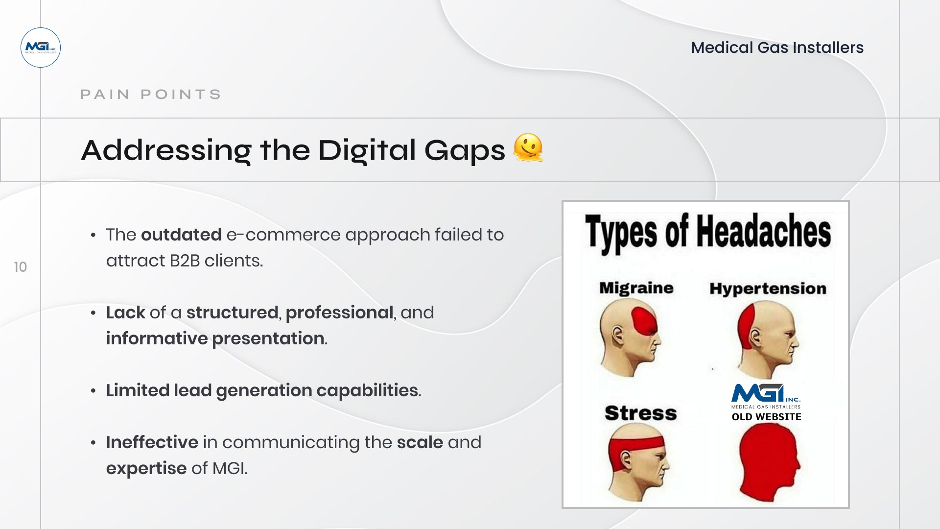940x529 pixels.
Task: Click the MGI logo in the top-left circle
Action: coord(41,48)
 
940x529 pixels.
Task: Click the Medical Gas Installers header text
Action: coord(777,48)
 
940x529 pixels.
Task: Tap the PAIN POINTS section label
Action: coord(151,94)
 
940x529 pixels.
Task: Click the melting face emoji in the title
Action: coord(528,147)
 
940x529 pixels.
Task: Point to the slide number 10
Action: coord(20,267)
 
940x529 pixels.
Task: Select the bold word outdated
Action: coord(181,235)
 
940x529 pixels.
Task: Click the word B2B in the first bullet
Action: coord(185,261)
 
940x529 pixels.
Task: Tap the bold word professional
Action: coord(339,313)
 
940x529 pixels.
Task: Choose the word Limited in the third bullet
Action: coord(138,390)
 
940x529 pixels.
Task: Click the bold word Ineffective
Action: coord(152,442)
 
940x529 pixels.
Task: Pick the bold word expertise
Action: coord(146,469)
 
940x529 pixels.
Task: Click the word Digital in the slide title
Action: coord(367,150)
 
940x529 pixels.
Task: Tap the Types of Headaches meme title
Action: coord(707,232)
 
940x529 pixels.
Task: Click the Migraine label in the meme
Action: coord(636,288)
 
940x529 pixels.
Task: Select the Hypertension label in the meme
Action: coord(768,289)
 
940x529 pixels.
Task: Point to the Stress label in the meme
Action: coord(640,413)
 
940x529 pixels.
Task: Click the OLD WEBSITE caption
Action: coord(766,417)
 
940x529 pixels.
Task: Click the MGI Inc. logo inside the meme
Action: coord(766,396)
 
